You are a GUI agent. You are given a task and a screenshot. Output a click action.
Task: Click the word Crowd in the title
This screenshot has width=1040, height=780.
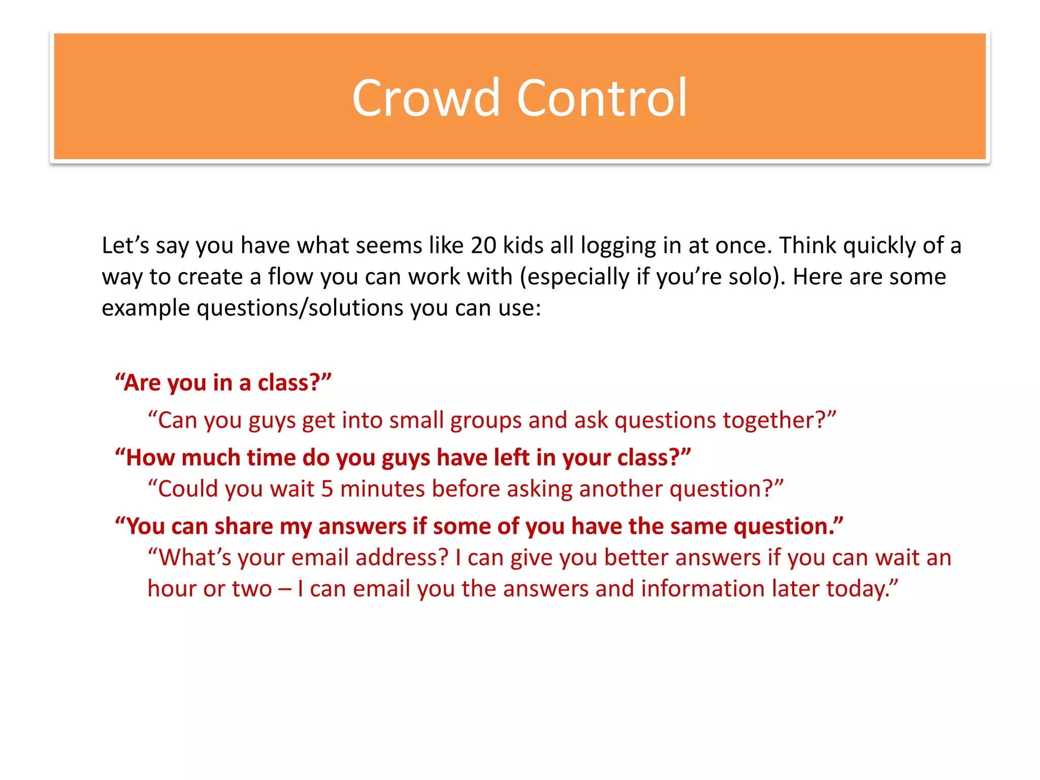(426, 98)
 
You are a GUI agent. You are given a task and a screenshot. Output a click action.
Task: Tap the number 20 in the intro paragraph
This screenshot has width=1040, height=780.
(483, 246)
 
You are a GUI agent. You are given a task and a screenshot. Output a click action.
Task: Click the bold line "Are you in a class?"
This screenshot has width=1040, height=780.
(223, 383)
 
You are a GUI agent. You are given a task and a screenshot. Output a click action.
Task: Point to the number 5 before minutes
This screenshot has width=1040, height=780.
(327, 490)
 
